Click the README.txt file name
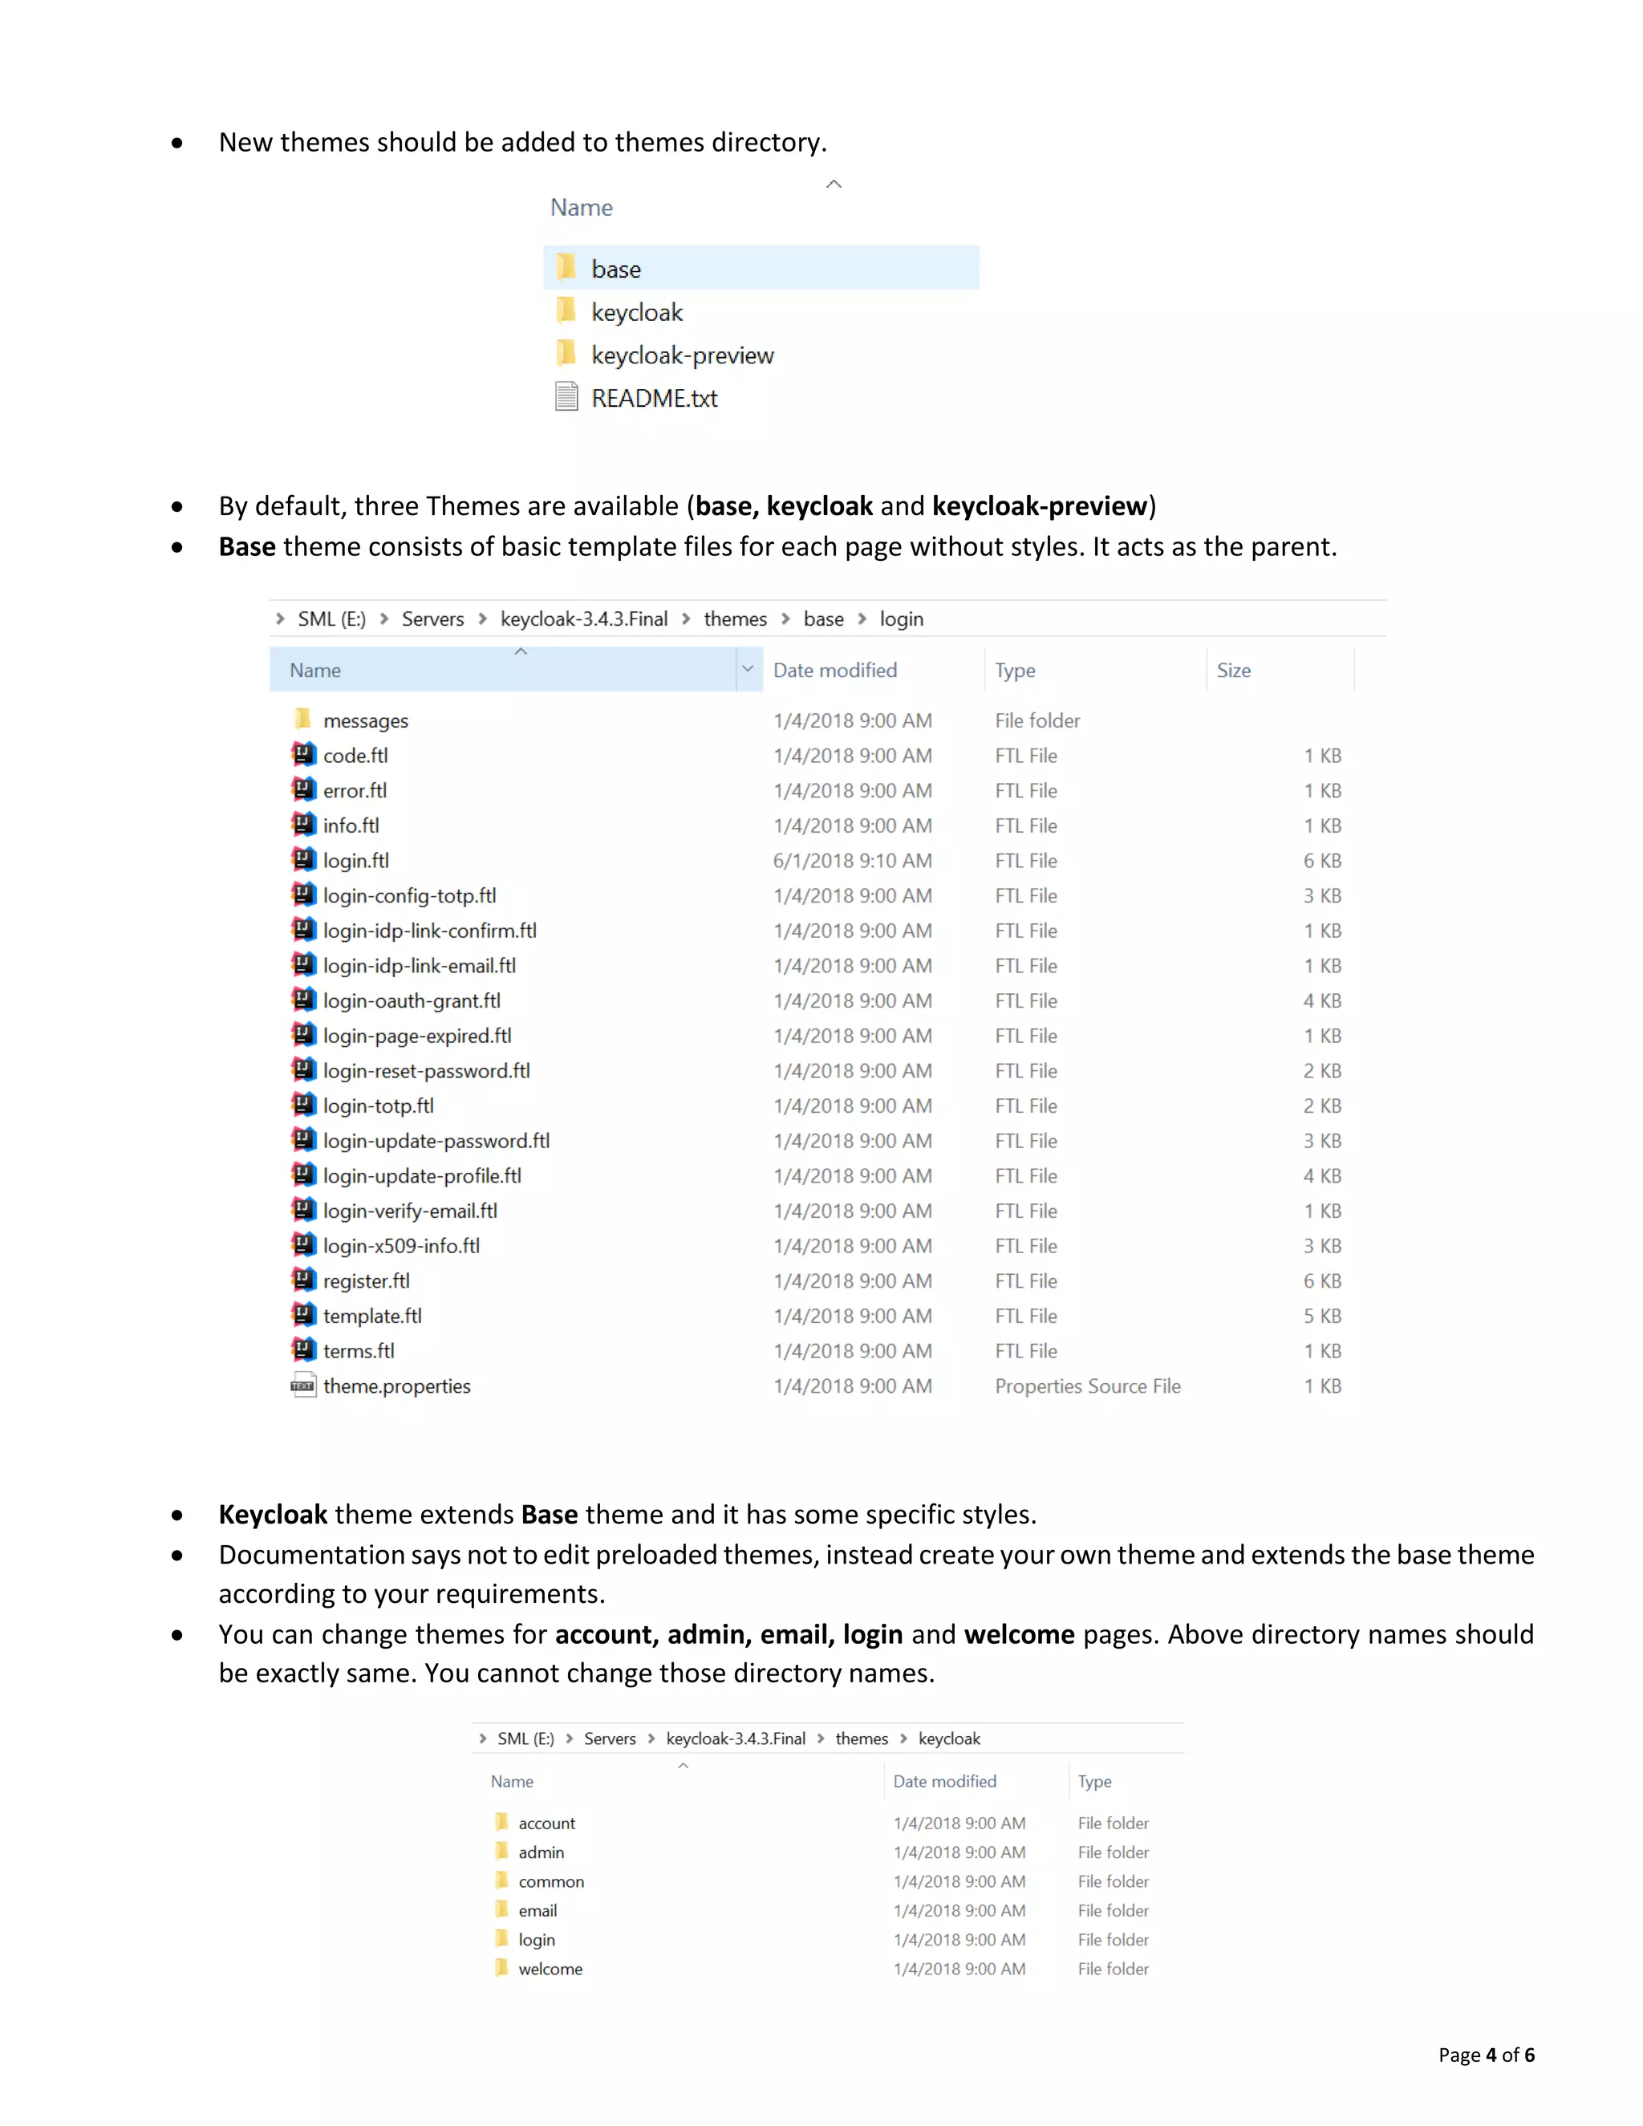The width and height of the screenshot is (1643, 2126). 654,398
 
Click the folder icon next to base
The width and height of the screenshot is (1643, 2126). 566,268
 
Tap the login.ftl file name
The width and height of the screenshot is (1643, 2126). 355,861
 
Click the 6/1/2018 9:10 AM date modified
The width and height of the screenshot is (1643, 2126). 852,861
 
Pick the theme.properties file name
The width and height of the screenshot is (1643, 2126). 396,1386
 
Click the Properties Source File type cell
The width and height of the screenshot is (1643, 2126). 1087,1386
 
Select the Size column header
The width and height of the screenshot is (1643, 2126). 1233,670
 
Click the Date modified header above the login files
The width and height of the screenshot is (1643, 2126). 835,670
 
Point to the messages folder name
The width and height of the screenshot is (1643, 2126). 365,720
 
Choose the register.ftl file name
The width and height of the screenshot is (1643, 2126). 366,1281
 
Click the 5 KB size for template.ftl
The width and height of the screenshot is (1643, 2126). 1322,1316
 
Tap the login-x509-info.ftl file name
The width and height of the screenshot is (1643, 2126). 401,1246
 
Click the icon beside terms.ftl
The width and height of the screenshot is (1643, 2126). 304,1350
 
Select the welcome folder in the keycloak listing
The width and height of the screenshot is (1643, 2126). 550,1968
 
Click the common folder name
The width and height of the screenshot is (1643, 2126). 551,1881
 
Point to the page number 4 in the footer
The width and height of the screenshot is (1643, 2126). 1491,2055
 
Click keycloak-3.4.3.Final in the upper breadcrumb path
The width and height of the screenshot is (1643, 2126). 584,619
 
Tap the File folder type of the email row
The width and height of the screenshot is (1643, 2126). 1113,1911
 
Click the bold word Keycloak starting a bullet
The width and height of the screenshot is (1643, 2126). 273,1515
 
